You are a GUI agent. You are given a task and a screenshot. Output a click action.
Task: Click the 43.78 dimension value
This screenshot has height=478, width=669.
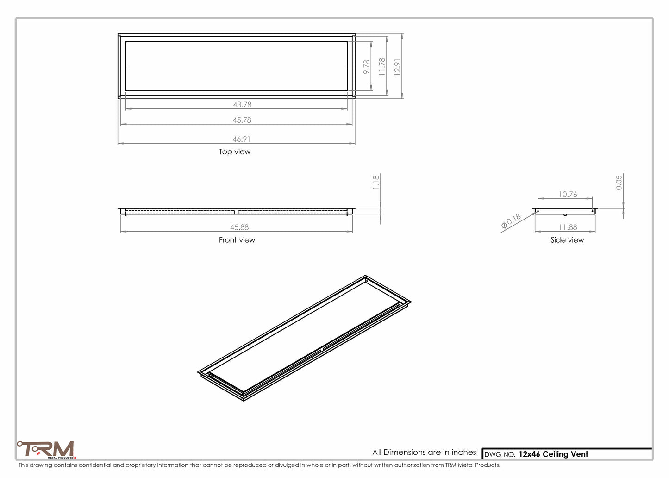[242, 105]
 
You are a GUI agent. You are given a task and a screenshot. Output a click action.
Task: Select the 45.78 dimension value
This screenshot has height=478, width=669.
[242, 120]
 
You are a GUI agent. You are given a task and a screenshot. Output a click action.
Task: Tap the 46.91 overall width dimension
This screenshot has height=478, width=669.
[242, 139]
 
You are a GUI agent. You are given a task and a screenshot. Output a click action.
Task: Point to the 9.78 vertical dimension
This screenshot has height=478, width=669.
[367, 67]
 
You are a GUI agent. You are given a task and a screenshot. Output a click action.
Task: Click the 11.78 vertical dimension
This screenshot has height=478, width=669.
[382, 67]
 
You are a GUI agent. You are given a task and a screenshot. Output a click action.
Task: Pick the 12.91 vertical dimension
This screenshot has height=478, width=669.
[397, 67]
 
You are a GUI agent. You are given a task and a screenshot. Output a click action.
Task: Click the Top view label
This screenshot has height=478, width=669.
[235, 152]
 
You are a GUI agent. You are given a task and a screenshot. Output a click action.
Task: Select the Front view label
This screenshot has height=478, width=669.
[237, 240]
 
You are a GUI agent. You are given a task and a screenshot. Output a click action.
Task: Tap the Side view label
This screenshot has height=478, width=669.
[567, 240]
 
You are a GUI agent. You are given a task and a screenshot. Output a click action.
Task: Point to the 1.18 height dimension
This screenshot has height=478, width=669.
[376, 182]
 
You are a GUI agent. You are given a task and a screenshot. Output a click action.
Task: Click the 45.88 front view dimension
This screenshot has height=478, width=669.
[240, 227]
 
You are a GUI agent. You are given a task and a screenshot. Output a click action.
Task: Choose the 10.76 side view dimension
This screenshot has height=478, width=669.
[568, 195]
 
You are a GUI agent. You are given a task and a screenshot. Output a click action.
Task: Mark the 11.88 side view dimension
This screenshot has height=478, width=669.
[568, 227]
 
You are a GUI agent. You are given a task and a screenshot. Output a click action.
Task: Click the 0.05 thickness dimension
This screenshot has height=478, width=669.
[619, 182]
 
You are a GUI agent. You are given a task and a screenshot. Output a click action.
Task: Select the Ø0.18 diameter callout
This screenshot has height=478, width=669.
[511, 222]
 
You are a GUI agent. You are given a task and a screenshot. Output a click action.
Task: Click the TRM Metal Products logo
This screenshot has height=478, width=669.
[46, 449]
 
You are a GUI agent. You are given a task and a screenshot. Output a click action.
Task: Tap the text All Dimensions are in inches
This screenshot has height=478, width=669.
[424, 452]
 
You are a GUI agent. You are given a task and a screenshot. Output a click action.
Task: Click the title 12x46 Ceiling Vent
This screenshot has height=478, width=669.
[553, 454]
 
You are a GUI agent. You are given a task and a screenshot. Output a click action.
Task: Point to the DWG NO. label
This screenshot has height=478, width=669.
[500, 455]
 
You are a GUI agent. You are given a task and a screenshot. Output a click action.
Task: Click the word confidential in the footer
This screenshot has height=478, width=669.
[95, 465]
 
